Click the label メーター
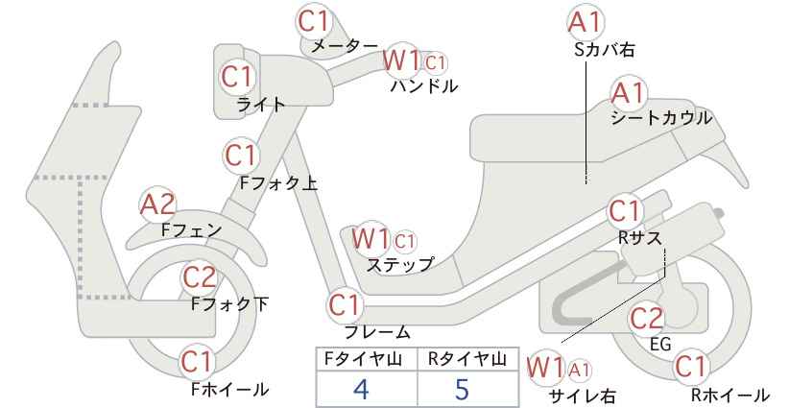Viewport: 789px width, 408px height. (345, 46)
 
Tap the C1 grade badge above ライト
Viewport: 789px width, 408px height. (236, 77)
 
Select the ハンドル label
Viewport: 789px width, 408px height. (424, 85)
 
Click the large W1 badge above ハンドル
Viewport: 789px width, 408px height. (401, 60)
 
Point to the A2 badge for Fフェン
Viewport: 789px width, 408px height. (157, 205)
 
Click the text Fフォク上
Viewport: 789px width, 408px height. (278, 182)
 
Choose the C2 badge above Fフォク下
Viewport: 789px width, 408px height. (200, 276)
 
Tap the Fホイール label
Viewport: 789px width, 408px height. (230, 389)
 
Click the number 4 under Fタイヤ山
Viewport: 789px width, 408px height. (361, 389)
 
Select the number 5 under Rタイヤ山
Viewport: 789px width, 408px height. (462, 389)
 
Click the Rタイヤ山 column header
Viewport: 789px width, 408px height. (467, 359)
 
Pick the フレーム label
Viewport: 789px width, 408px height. (377, 331)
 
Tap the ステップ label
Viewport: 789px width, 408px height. (399, 264)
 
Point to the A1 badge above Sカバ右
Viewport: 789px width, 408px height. (586, 23)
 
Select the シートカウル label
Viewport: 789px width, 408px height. (661, 118)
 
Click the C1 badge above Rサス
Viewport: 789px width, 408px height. (624, 212)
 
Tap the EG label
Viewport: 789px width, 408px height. (660, 344)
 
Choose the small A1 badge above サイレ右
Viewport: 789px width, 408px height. (580, 371)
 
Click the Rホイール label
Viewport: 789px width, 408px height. (729, 395)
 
